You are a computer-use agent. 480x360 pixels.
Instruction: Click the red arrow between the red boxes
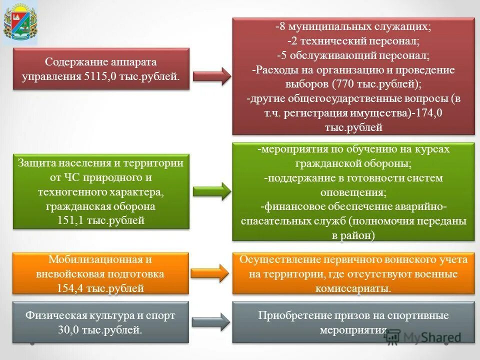tap(211, 76)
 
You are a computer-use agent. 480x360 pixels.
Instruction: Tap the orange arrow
tap(211, 272)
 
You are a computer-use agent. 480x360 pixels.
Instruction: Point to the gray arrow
tap(211, 322)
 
